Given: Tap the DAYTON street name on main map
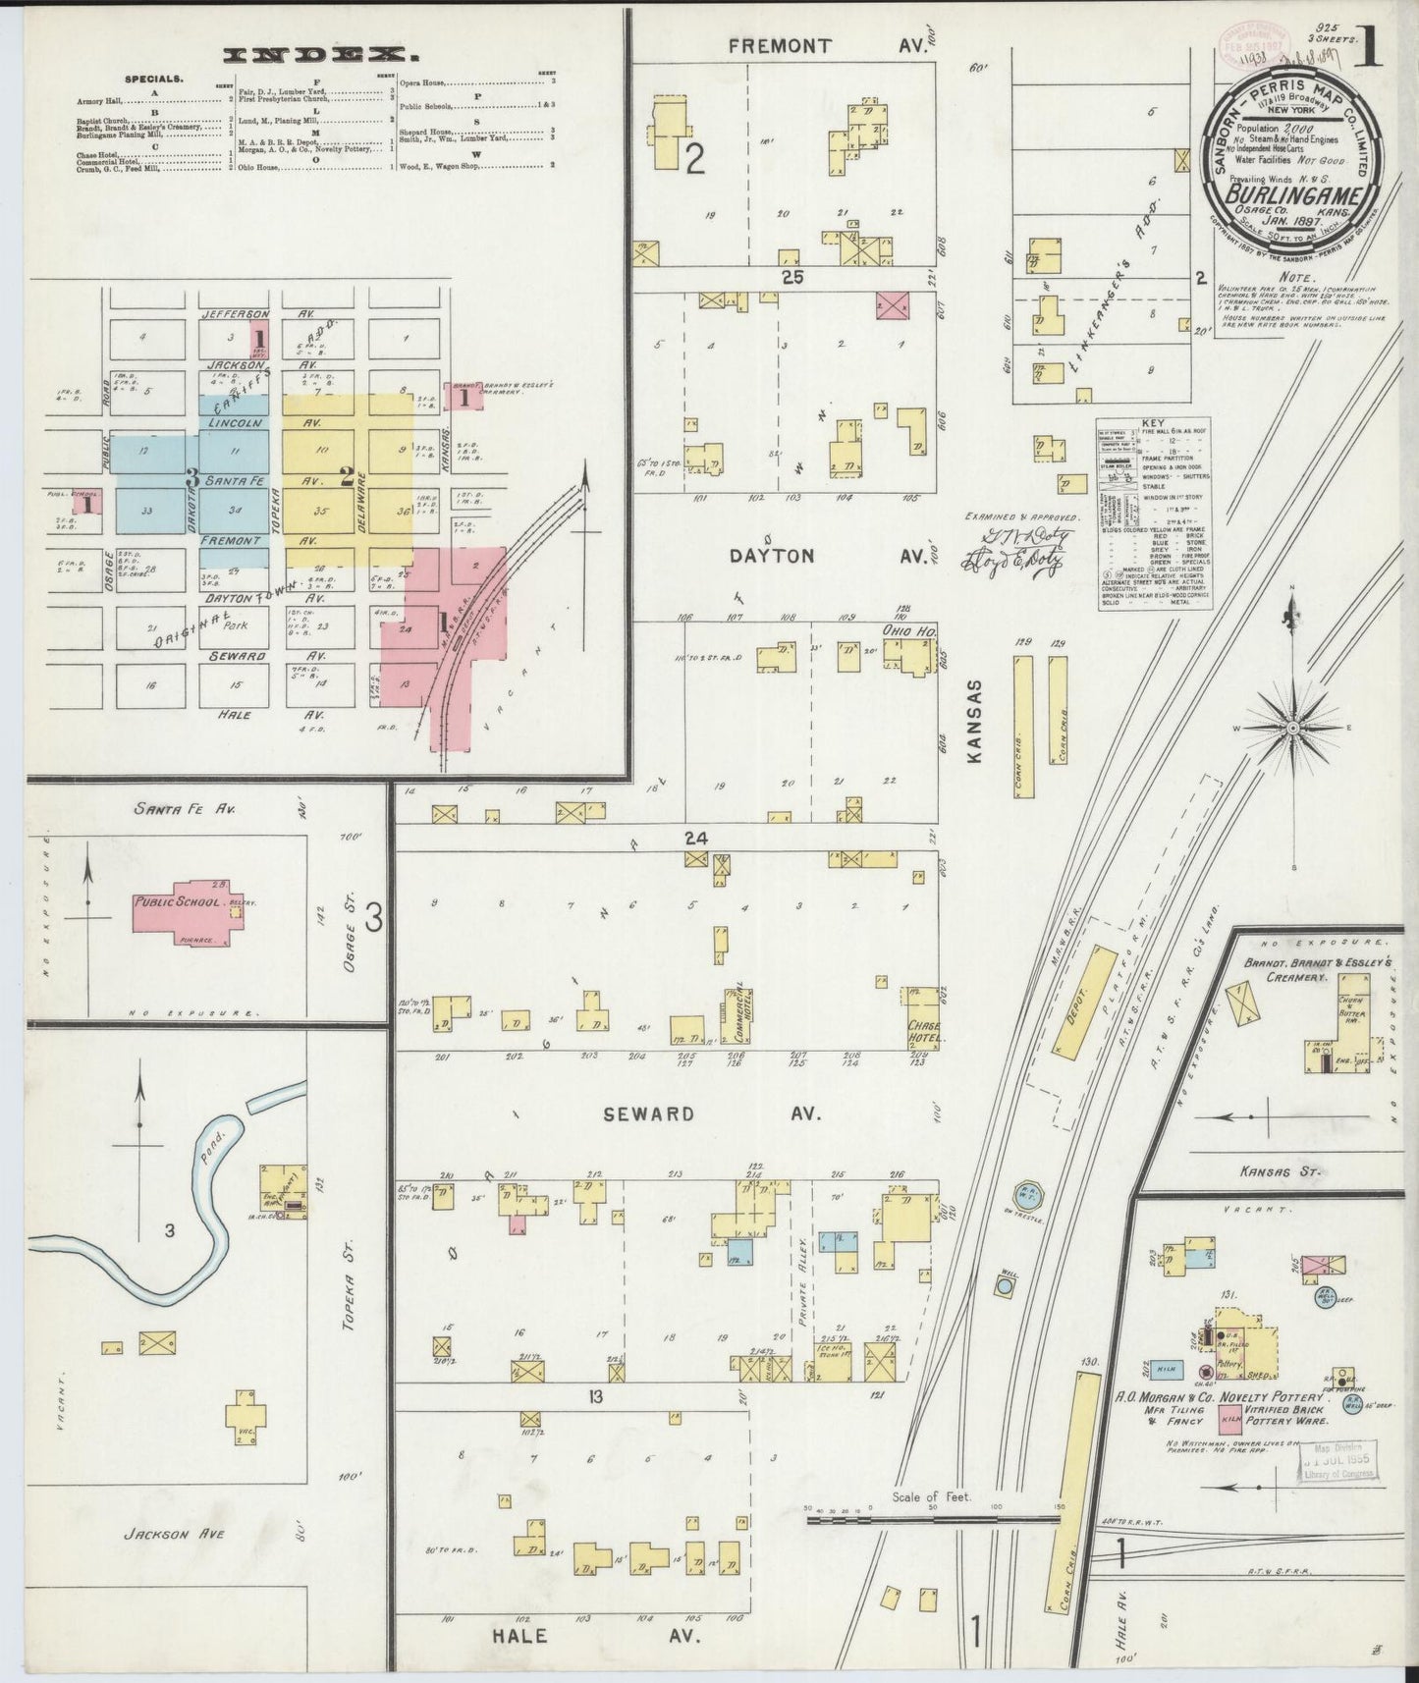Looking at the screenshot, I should (772, 556).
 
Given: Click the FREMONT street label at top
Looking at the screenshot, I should (782, 46).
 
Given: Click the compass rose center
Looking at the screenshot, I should (1293, 728).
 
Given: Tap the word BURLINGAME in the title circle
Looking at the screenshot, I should (1294, 195).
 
